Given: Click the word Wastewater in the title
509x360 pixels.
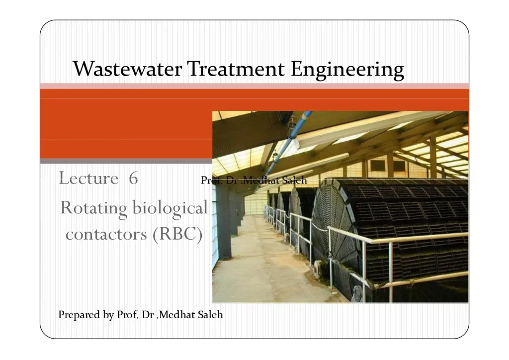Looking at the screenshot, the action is [127, 69].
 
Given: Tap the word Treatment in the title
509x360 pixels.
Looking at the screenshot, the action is [236, 69].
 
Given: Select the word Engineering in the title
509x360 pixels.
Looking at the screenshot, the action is [347, 70].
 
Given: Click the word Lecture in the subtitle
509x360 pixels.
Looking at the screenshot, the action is [88, 178].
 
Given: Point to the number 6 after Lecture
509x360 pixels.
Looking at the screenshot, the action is [133, 178].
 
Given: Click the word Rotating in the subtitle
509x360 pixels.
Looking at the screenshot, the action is [93, 208].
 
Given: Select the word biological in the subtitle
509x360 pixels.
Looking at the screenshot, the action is [170, 208].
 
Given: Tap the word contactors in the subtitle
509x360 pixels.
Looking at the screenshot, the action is [106, 234].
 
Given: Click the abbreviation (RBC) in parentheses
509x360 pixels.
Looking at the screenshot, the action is [177, 234].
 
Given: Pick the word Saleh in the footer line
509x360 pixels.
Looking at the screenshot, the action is [210, 315].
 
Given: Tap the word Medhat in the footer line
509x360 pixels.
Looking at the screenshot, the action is [177, 315].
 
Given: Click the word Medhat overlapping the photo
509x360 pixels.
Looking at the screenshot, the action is [261, 180].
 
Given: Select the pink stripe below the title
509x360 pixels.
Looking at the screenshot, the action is [254, 86].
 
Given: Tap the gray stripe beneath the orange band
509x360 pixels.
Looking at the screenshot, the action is [126, 161].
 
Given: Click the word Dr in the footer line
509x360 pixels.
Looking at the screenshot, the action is [148, 315].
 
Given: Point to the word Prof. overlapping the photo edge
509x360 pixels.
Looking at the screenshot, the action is [212, 180].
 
